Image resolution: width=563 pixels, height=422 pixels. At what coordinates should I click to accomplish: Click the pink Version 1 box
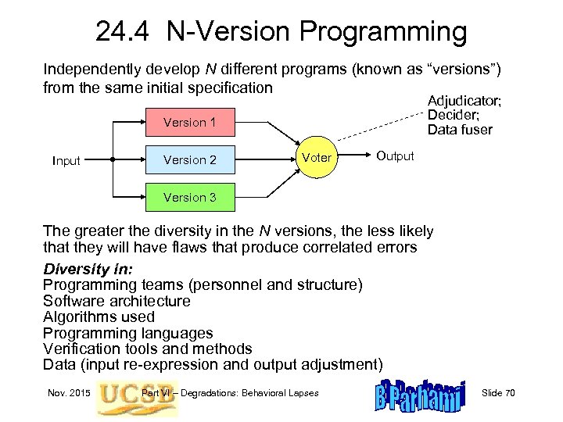190,123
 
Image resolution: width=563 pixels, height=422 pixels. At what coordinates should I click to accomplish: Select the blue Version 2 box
190,160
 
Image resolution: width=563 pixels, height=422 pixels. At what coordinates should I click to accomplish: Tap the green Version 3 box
190,198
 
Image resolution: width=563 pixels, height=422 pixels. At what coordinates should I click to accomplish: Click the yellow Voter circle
317,159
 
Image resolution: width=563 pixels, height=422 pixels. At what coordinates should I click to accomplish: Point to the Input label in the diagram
66,161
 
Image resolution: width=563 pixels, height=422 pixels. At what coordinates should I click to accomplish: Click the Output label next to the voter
395,156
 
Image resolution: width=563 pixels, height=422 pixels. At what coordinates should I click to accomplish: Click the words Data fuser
460,130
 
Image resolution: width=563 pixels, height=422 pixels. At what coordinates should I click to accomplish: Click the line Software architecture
117,301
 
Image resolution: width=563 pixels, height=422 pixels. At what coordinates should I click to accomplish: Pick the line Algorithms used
99,316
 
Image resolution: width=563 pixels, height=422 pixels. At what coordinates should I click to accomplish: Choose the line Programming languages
127,333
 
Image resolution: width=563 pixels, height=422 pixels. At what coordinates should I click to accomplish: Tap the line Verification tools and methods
147,349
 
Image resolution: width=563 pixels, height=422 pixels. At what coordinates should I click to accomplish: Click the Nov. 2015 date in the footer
68,392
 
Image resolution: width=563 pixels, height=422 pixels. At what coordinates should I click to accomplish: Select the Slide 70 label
498,392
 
